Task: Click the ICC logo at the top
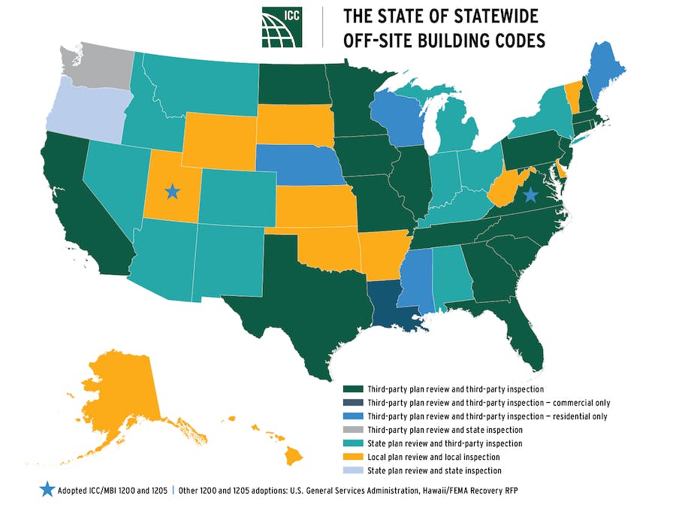pyautogui.click(x=282, y=28)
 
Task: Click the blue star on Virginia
pyautogui.click(x=530, y=195)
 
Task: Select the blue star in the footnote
pyautogui.click(x=47, y=489)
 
